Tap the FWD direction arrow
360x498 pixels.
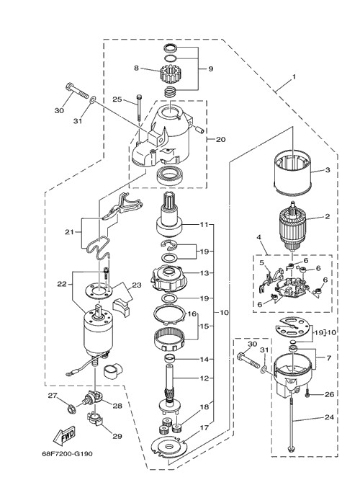tap(64, 435)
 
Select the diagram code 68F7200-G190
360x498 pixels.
tap(67, 453)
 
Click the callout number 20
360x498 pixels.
tap(220, 139)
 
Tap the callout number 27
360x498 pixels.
tap(53, 396)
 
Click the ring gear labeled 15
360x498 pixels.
tap(169, 339)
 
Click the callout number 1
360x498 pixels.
tap(294, 76)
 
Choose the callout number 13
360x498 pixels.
tap(205, 273)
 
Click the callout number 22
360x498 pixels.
tap(62, 284)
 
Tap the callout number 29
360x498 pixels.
tap(117, 436)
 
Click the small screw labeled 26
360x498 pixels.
tap(308, 394)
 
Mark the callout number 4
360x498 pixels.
tap(259, 237)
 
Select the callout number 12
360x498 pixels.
tap(205, 378)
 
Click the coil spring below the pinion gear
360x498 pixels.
tap(171, 92)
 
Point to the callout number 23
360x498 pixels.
tap(137, 285)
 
